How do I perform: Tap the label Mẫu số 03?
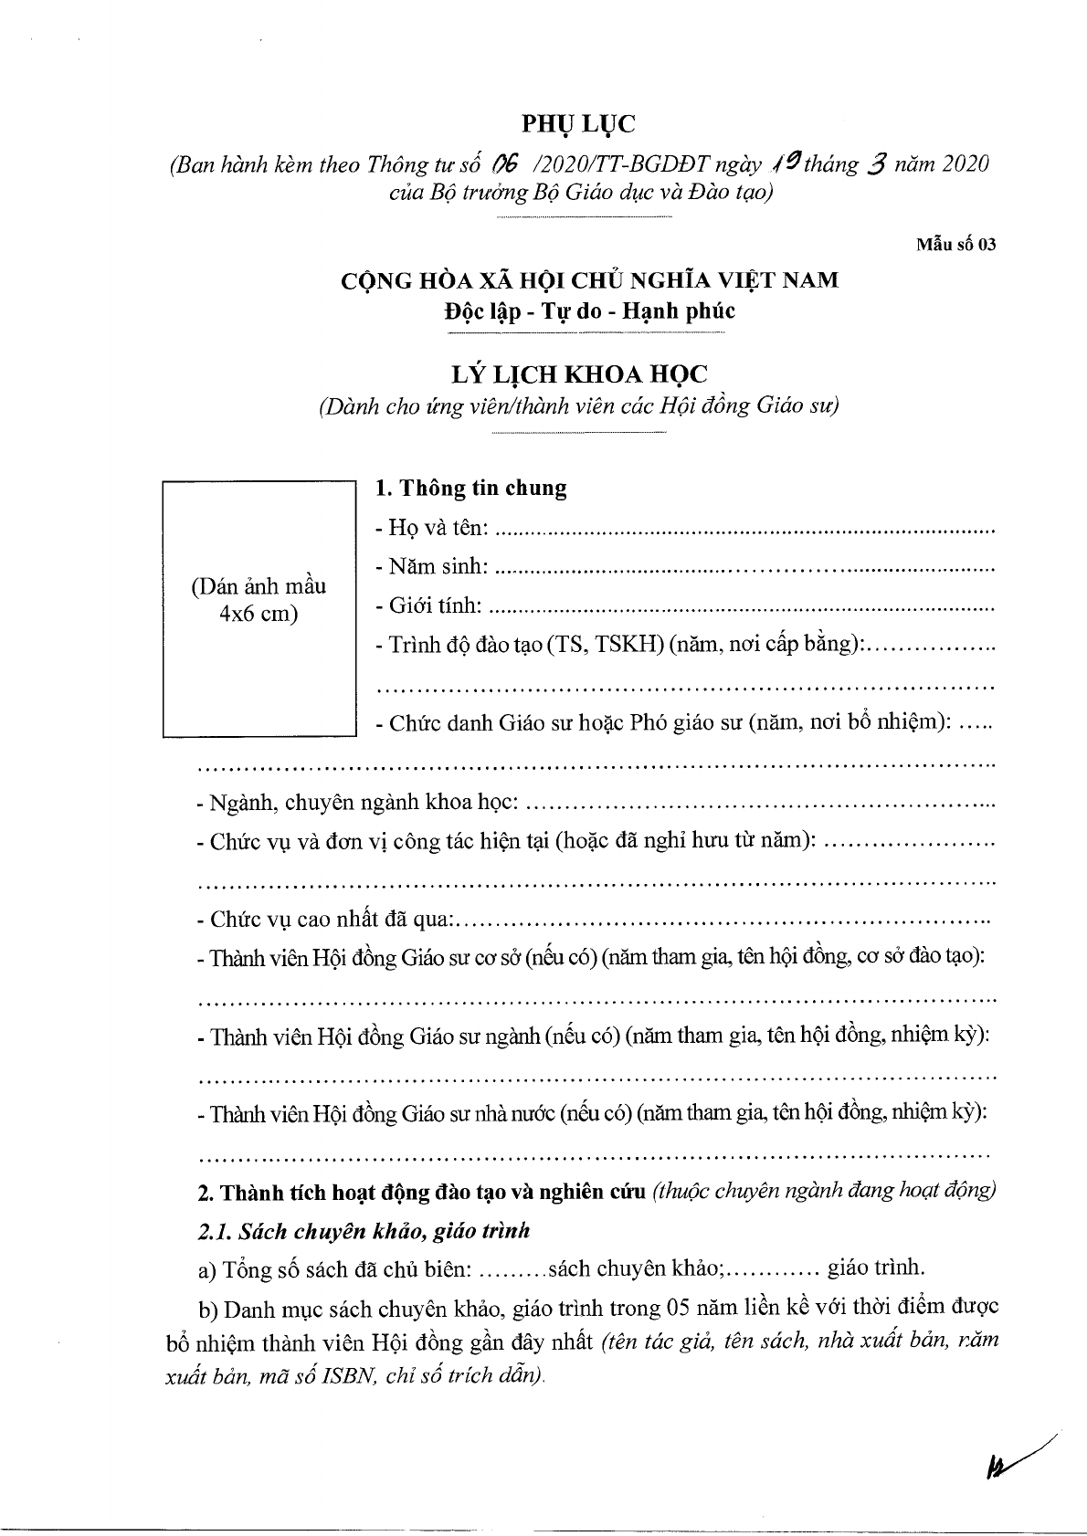click(x=955, y=244)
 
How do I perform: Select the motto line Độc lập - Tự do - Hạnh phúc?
click(x=589, y=310)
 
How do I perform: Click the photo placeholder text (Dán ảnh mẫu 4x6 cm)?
click(x=259, y=600)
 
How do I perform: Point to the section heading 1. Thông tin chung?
click(x=471, y=489)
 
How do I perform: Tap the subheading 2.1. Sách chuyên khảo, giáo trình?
click(x=363, y=1231)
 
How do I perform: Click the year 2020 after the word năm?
click(x=961, y=165)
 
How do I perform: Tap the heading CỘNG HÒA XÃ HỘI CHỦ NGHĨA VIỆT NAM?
click(x=589, y=279)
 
